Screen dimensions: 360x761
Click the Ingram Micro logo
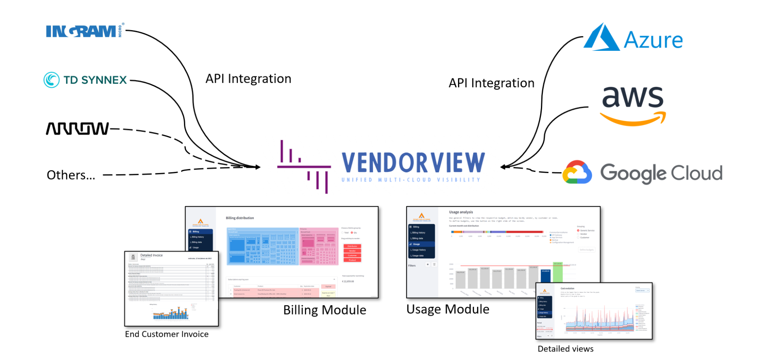tap(84, 31)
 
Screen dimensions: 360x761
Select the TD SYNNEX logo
tap(86, 80)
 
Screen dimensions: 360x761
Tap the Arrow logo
tap(77, 128)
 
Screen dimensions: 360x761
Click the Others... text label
tap(71, 175)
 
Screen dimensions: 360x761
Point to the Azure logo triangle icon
tap(601, 38)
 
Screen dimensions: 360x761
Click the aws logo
tap(633, 105)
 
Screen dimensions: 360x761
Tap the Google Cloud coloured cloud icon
tap(577, 173)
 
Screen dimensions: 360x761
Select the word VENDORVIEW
tap(413, 163)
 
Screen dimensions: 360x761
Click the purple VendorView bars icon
tap(304, 167)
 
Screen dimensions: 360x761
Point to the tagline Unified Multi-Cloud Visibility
tap(411, 180)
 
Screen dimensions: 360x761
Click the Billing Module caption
tap(324, 310)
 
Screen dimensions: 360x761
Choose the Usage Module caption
tap(448, 309)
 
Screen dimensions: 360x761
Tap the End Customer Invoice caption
tap(166, 334)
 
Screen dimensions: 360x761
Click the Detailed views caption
tap(565, 349)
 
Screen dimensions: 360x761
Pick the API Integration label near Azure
tap(491, 83)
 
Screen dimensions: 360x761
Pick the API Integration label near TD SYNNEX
tap(248, 78)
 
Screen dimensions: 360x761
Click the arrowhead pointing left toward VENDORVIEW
tap(504, 167)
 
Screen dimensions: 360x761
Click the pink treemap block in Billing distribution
tap(319, 246)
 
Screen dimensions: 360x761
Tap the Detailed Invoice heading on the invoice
tap(151, 255)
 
